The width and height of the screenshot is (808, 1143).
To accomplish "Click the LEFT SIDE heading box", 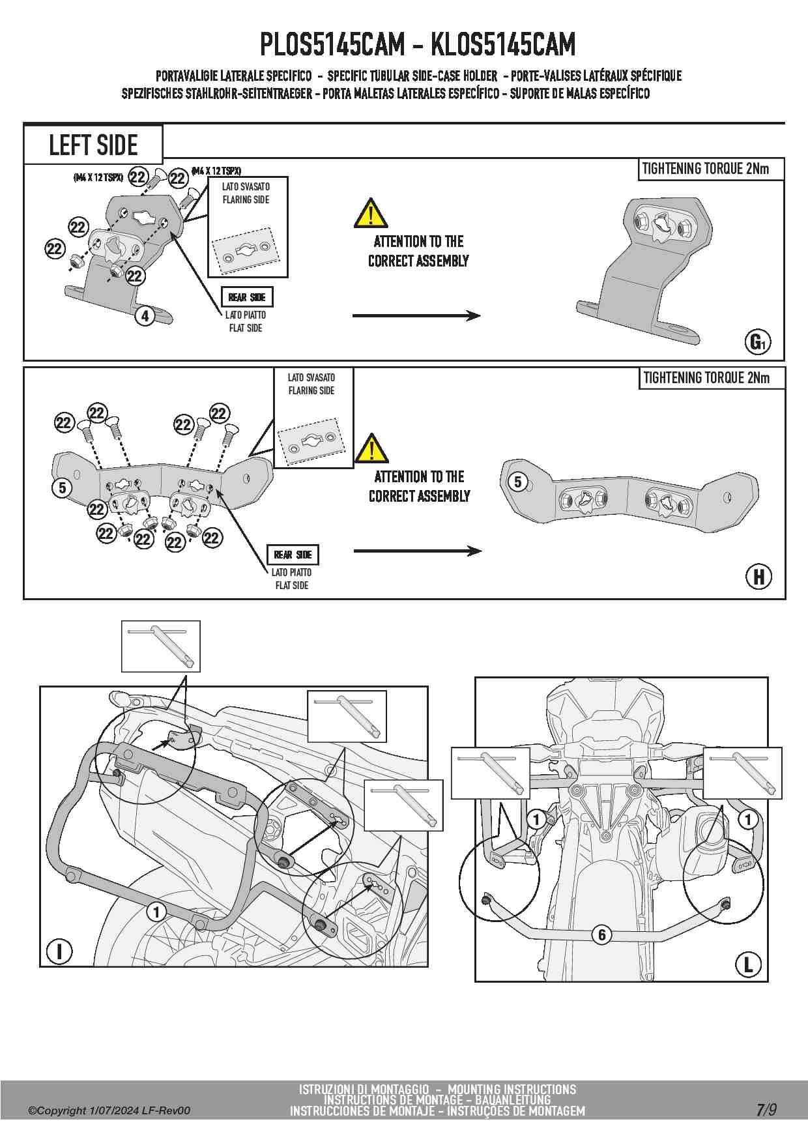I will pyautogui.click(x=93, y=144).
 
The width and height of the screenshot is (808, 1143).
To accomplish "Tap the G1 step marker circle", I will pyautogui.click(x=758, y=341).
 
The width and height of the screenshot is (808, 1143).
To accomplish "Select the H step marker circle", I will pyautogui.click(x=758, y=577).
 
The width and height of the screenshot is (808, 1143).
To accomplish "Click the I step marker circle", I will pyautogui.click(x=60, y=951).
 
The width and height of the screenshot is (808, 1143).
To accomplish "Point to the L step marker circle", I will pyautogui.click(x=747, y=964).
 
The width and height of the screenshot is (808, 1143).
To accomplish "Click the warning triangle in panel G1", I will pyautogui.click(x=371, y=213).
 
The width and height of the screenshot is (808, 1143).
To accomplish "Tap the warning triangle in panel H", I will pyautogui.click(x=371, y=448).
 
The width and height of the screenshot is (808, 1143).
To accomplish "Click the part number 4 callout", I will pyautogui.click(x=145, y=316).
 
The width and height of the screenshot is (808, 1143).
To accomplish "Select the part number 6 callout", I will pyautogui.click(x=601, y=934).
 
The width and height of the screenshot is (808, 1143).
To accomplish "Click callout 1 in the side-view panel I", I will pyautogui.click(x=156, y=911).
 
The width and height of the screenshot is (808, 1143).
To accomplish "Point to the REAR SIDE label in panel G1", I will pyautogui.click(x=246, y=297).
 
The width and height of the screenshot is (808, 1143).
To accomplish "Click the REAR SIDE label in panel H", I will pyautogui.click(x=293, y=555).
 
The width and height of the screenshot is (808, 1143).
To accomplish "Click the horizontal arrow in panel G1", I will pyautogui.click(x=416, y=316).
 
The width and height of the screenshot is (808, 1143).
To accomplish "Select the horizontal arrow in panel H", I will pyautogui.click(x=417, y=551).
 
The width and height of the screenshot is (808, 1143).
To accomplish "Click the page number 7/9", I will pyautogui.click(x=766, y=1110).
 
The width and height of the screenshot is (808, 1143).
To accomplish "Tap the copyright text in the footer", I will pyautogui.click(x=109, y=1110).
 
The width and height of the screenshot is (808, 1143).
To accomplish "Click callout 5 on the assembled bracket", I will pyautogui.click(x=517, y=482).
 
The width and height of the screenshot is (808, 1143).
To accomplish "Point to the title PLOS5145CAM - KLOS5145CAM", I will pyautogui.click(x=418, y=44).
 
